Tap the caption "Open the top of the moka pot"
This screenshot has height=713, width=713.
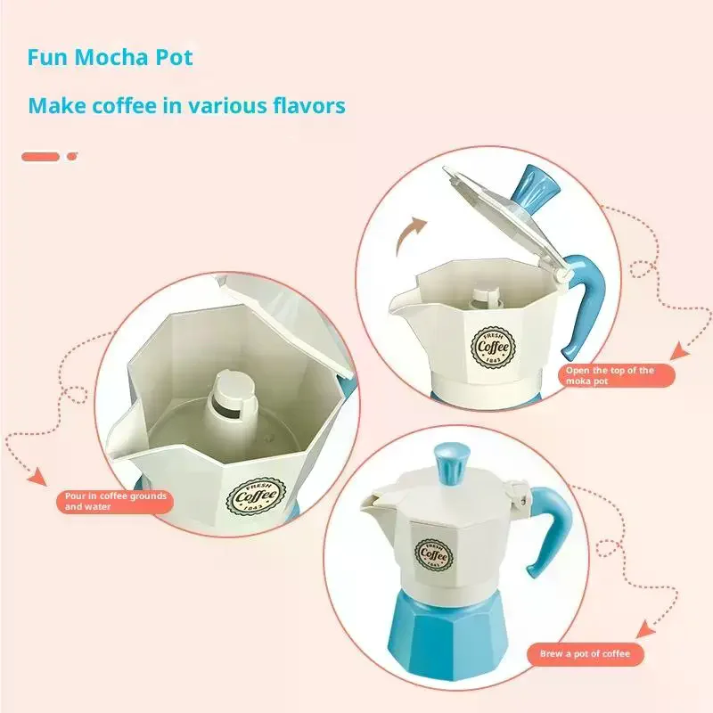[x=610, y=375]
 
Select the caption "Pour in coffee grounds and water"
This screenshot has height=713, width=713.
[x=116, y=501]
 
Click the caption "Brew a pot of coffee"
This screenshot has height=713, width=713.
[x=585, y=654]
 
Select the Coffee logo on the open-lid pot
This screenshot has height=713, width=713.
[x=492, y=343]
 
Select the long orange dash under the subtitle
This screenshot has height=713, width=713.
[x=40, y=156]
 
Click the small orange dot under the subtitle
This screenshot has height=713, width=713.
[x=72, y=156]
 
